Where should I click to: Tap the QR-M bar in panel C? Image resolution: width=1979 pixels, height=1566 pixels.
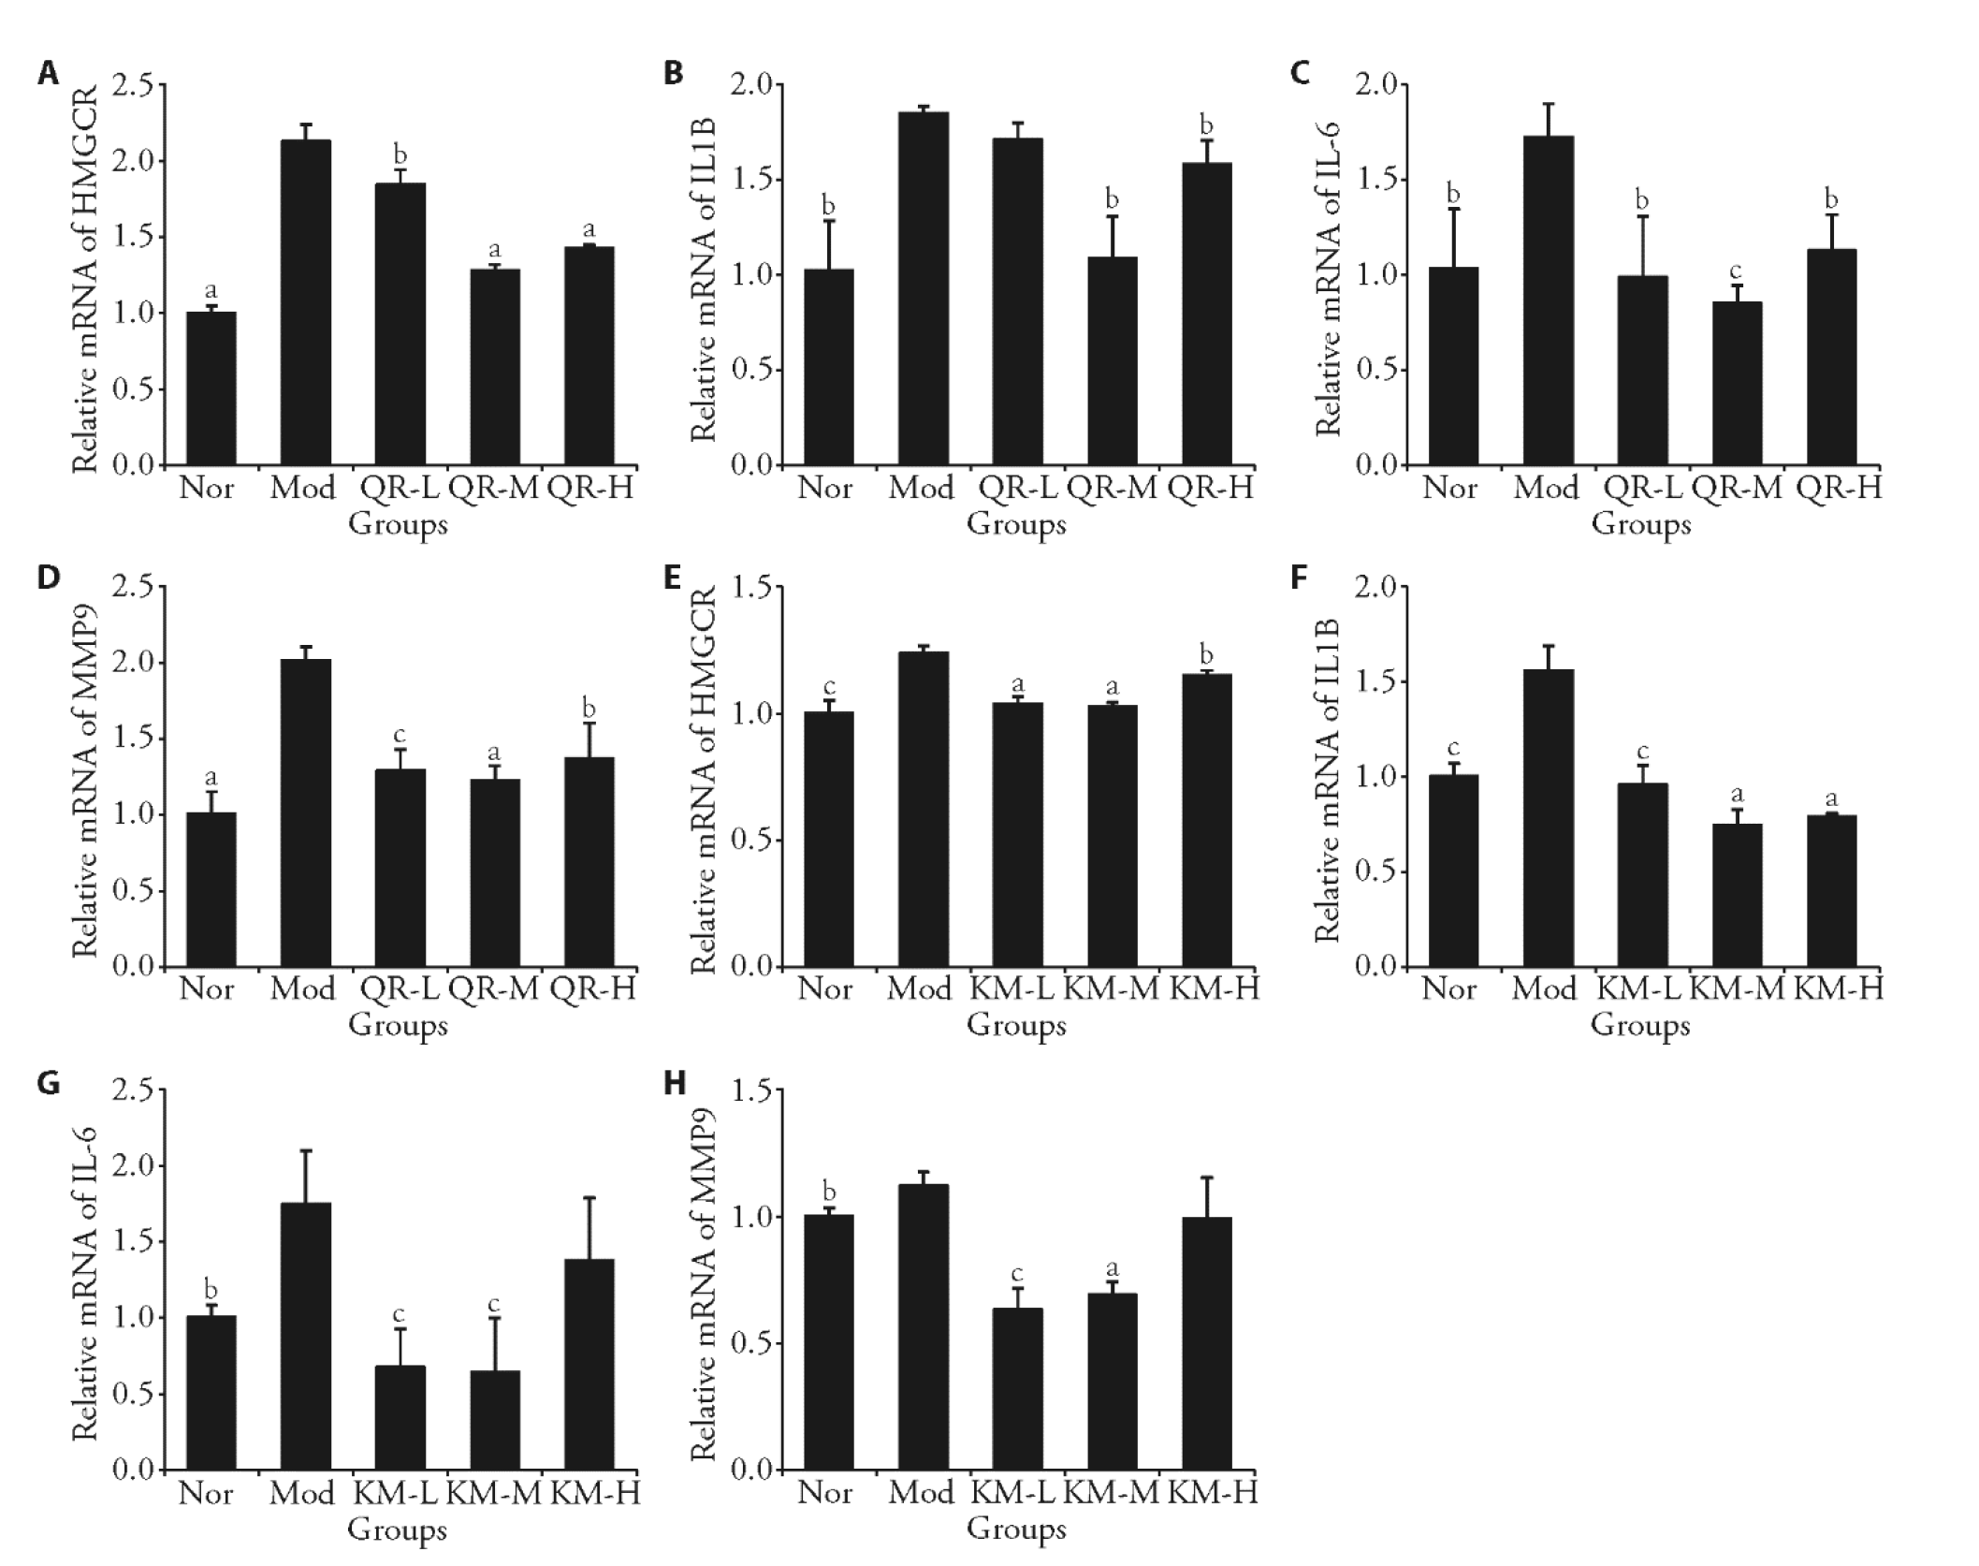tap(1738, 383)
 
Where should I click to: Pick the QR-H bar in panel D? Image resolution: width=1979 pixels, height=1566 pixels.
tap(589, 861)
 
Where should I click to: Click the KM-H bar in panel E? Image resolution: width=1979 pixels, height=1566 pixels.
tap(1207, 820)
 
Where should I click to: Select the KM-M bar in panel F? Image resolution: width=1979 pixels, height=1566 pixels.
tap(1738, 895)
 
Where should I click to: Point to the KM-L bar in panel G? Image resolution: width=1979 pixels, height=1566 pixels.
tap(400, 1417)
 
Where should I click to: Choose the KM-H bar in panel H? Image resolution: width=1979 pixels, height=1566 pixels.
tap(1207, 1343)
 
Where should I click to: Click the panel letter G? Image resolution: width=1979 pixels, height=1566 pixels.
tap(48, 1084)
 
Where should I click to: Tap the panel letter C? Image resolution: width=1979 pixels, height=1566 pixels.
tap(1300, 73)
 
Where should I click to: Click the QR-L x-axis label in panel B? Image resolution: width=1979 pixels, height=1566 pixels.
tap(1017, 488)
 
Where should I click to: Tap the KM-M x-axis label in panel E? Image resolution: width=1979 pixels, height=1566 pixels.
tap(1112, 988)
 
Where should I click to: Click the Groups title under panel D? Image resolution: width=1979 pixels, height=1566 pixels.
tap(398, 1025)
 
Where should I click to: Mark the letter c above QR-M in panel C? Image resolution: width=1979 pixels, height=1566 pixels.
tap(1736, 271)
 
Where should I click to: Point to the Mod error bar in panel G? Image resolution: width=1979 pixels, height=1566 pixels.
tap(306, 1176)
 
